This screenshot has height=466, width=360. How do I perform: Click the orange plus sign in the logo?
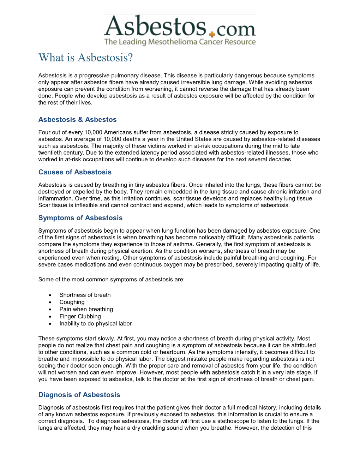(212, 34)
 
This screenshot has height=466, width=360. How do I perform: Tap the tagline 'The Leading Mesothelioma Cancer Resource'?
(180, 42)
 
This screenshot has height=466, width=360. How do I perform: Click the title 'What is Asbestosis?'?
(86, 58)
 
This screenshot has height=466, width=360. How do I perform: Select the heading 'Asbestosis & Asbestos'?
(77, 120)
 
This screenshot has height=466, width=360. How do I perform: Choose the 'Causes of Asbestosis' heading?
(75, 172)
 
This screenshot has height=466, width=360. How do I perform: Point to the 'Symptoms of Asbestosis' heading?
(80, 218)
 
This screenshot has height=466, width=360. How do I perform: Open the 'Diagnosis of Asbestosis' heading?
(79, 395)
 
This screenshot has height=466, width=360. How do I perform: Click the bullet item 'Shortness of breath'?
(85, 295)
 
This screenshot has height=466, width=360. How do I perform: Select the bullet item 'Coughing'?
(72, 302)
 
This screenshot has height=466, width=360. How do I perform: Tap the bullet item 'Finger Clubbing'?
(80, 317)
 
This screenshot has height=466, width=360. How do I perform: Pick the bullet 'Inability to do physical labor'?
(95, 324)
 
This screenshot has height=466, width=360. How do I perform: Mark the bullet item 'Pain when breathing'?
(86, 309)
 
